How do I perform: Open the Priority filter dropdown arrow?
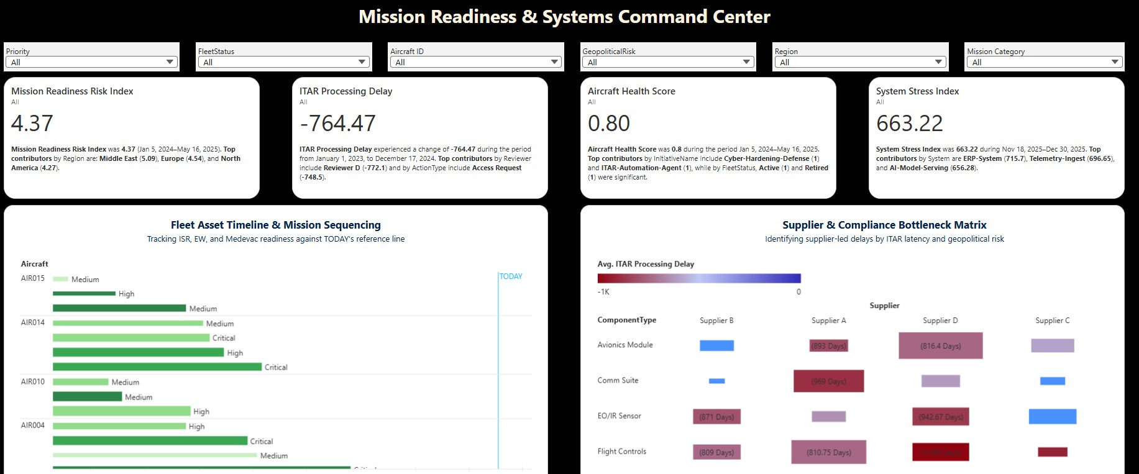click(170, 62)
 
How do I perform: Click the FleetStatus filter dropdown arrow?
click(362, 62)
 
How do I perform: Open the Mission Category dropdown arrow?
click(1115, 62)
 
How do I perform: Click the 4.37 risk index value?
click(32, 124)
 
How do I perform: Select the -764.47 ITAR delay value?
click(337, 124)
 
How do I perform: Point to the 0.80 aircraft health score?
click(609, 124)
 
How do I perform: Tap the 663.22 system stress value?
click(909, 124)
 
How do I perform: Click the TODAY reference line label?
click(511, 276)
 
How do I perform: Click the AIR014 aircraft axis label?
click(33, 322)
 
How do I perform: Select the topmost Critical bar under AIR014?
click(131, 338)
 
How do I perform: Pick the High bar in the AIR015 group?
click(84, 294)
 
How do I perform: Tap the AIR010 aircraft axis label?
click(33, 381)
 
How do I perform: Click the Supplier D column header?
click(940, 321)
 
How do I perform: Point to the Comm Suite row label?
click(618, 380)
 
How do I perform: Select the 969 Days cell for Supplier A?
click(828, 381)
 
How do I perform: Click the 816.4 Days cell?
click(940, 345)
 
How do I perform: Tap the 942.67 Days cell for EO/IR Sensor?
click(940, 416)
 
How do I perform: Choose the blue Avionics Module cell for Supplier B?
click(716, 345)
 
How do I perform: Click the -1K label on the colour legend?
click(603, 291)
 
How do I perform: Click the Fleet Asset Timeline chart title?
click(276, 225)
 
